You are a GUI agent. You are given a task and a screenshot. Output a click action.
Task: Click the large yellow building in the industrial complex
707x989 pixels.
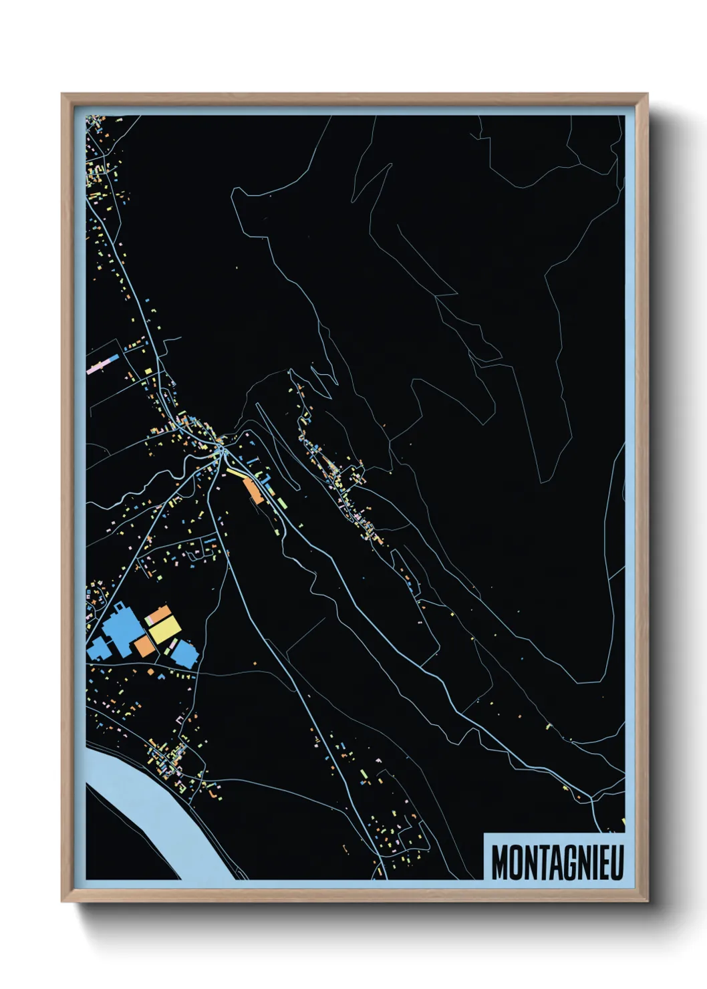click(164, 629)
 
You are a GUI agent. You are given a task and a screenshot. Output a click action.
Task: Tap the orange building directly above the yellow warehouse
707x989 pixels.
click(158, 613)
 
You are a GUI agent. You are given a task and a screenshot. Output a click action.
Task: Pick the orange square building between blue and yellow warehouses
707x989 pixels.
click(143, 646)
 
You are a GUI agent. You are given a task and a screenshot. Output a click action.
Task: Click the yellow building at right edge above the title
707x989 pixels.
click(623, 821)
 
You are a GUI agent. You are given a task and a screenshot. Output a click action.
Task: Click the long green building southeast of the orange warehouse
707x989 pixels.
click(281, 502)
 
